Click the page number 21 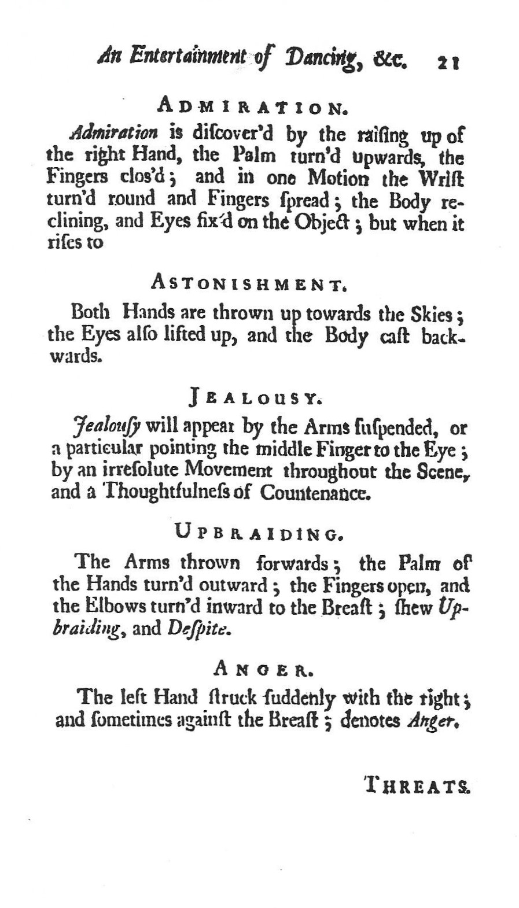tap(448, 62)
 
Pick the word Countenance tap(315, 493)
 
